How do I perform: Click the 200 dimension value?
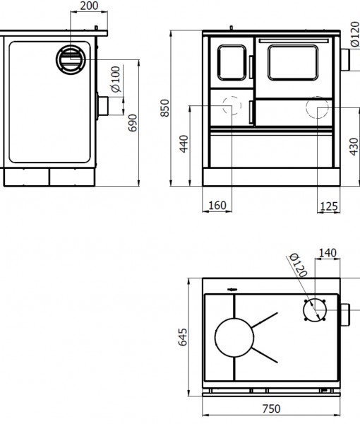[89, 6]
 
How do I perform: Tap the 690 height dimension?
[133, 123]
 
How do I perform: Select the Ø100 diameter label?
[116, 79]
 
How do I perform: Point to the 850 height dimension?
[164, 108]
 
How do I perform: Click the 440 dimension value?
[184, 144]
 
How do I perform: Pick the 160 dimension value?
[217, 206]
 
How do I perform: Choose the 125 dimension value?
[329, 206]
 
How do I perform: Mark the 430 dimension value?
[354, 147]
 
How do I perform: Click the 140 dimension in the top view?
[328, 253]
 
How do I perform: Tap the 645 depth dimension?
[183, 337]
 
